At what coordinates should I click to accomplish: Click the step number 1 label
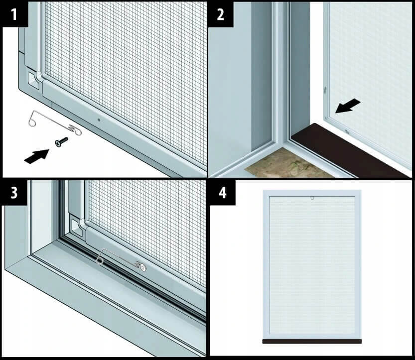14,14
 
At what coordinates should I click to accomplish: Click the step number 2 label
221,14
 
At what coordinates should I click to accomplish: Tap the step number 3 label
14,193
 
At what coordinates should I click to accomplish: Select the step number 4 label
223,193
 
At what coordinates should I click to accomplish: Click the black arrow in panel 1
36,156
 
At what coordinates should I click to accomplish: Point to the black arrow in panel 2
348,106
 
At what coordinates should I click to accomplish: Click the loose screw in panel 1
61,141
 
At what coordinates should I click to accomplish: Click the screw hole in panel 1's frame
99,120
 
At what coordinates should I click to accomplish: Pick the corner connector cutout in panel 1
34,80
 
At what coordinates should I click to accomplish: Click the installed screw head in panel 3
143,268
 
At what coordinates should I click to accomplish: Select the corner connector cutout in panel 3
78,226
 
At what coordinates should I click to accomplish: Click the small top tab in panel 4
312,198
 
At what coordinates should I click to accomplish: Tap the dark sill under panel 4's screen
312,341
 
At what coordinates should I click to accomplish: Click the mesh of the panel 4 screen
312,265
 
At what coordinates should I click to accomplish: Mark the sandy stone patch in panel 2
286,164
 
